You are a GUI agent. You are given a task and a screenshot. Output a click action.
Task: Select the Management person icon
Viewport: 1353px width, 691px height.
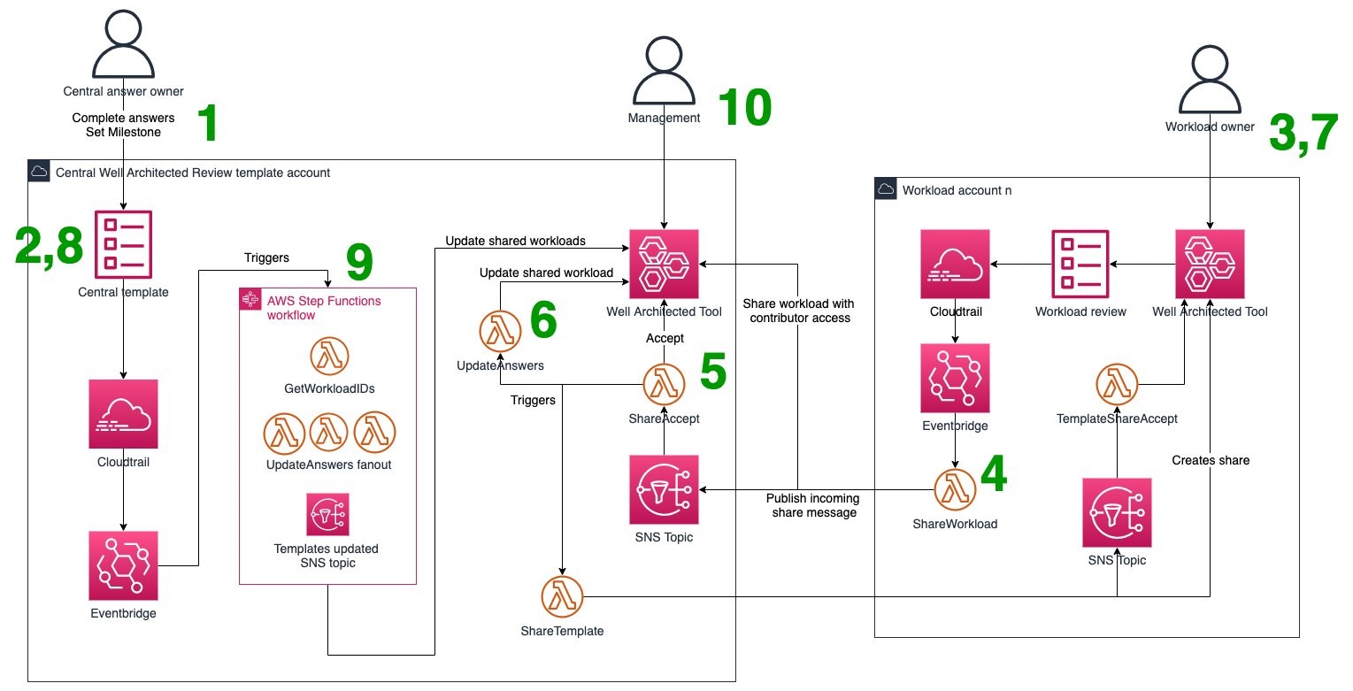coord(664,71)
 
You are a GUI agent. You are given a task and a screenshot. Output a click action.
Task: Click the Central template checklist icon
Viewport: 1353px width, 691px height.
coord(123,243)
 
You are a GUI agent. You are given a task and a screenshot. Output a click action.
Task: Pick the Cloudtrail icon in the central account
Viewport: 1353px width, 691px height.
coord(123,413)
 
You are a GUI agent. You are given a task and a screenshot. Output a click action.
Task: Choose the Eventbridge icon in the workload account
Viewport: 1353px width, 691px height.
coord(955,378)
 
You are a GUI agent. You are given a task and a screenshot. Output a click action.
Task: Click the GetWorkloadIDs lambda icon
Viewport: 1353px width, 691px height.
coord(329,357)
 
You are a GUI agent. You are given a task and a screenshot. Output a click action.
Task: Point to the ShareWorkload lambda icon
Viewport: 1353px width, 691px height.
coord(955,489)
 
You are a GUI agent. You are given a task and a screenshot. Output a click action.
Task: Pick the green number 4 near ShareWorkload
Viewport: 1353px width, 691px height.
coord(993,475)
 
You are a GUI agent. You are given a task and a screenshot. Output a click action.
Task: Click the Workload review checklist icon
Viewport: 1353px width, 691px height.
coord(1080,263)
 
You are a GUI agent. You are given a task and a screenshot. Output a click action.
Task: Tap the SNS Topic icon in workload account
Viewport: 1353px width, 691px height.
coord(1117,513)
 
